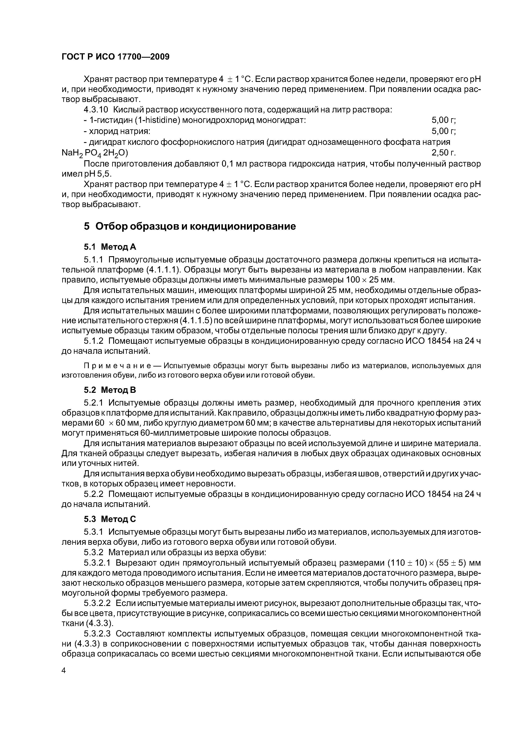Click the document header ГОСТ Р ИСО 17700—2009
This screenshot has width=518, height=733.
115,57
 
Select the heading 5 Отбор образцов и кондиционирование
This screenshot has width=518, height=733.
190,226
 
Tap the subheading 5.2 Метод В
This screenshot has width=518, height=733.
110,390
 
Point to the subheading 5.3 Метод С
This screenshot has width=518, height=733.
110,519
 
